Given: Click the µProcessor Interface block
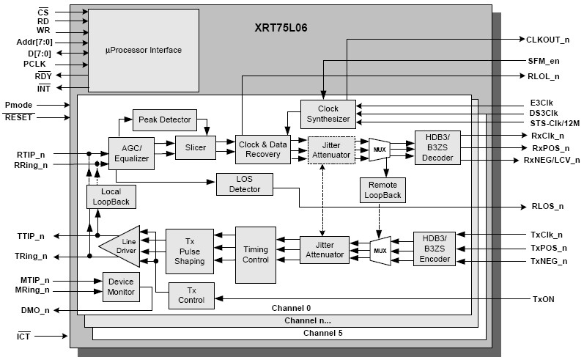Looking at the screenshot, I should click(144, 50).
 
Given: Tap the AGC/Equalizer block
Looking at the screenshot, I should click(131, 153).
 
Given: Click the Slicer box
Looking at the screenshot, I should click(195, 148).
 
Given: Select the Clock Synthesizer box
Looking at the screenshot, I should click(323, 114).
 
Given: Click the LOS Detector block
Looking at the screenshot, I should click(243, 185).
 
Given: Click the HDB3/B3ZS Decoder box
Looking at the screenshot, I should click(437, 148).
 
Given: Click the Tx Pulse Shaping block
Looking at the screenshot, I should click(188, 251).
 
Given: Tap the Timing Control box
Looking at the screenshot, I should click(256, 254).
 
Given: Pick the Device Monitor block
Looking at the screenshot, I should click(122, 287).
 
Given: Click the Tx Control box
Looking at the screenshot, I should click(191, 295).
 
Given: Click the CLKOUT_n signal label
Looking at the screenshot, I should click(548, 39).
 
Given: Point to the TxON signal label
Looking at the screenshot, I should click(543, 299).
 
